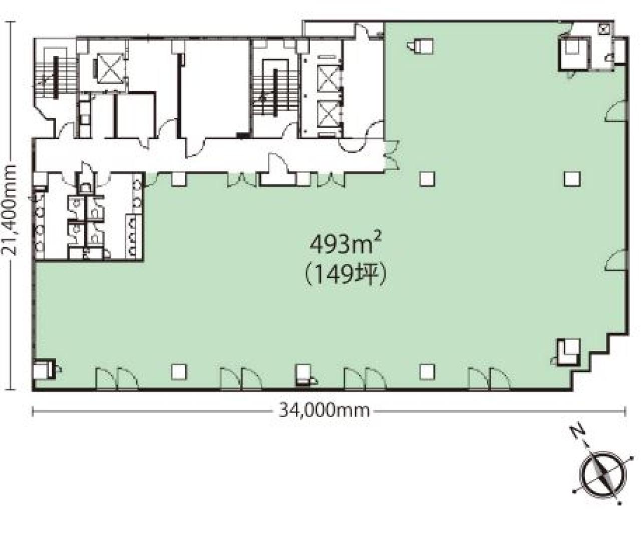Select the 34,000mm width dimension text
(x=324, y=411)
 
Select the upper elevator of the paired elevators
(x=328, y=78)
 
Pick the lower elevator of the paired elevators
(x=328, y=114)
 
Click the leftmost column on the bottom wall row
(x=179, y=372)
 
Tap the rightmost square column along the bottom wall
(x=427, y=372)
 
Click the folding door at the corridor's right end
(x=392, y=155)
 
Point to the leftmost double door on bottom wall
(x=117, y=379)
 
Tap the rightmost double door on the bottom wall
(x=489, y=379)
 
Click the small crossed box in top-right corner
(x=601, y=29)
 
